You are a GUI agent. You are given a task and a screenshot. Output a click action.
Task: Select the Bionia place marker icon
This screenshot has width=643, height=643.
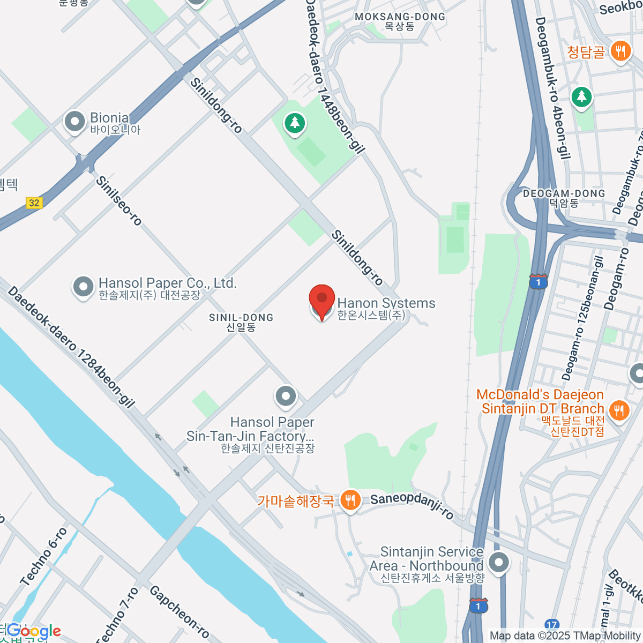click(x=75, y=122)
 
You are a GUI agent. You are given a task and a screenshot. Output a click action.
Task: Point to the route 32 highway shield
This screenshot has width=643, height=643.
click(x=34, y=203)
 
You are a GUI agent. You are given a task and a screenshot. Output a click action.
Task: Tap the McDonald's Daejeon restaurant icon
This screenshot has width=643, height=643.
click(x=619, y=410)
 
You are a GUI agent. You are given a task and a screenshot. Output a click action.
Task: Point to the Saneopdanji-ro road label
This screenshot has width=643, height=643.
click(x=412, y=506)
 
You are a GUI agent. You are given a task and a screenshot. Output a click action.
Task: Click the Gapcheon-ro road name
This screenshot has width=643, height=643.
click(x=179, y=611)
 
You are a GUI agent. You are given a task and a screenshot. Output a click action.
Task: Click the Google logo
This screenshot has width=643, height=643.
click(x=33, y=631)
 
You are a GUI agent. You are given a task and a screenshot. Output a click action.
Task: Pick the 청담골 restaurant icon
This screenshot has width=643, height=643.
click(x=620, y=51)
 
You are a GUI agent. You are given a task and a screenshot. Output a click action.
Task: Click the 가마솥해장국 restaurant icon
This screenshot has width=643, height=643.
click(x=350, y=500)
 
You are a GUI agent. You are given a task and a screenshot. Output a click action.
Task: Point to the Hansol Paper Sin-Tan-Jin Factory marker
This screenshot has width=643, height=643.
click(x=286, y=397)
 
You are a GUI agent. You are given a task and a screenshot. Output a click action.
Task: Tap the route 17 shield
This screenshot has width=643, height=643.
click(x=552, y=625)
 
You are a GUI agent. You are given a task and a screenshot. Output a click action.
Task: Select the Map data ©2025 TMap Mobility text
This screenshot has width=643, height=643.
click(x=565, y=636)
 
